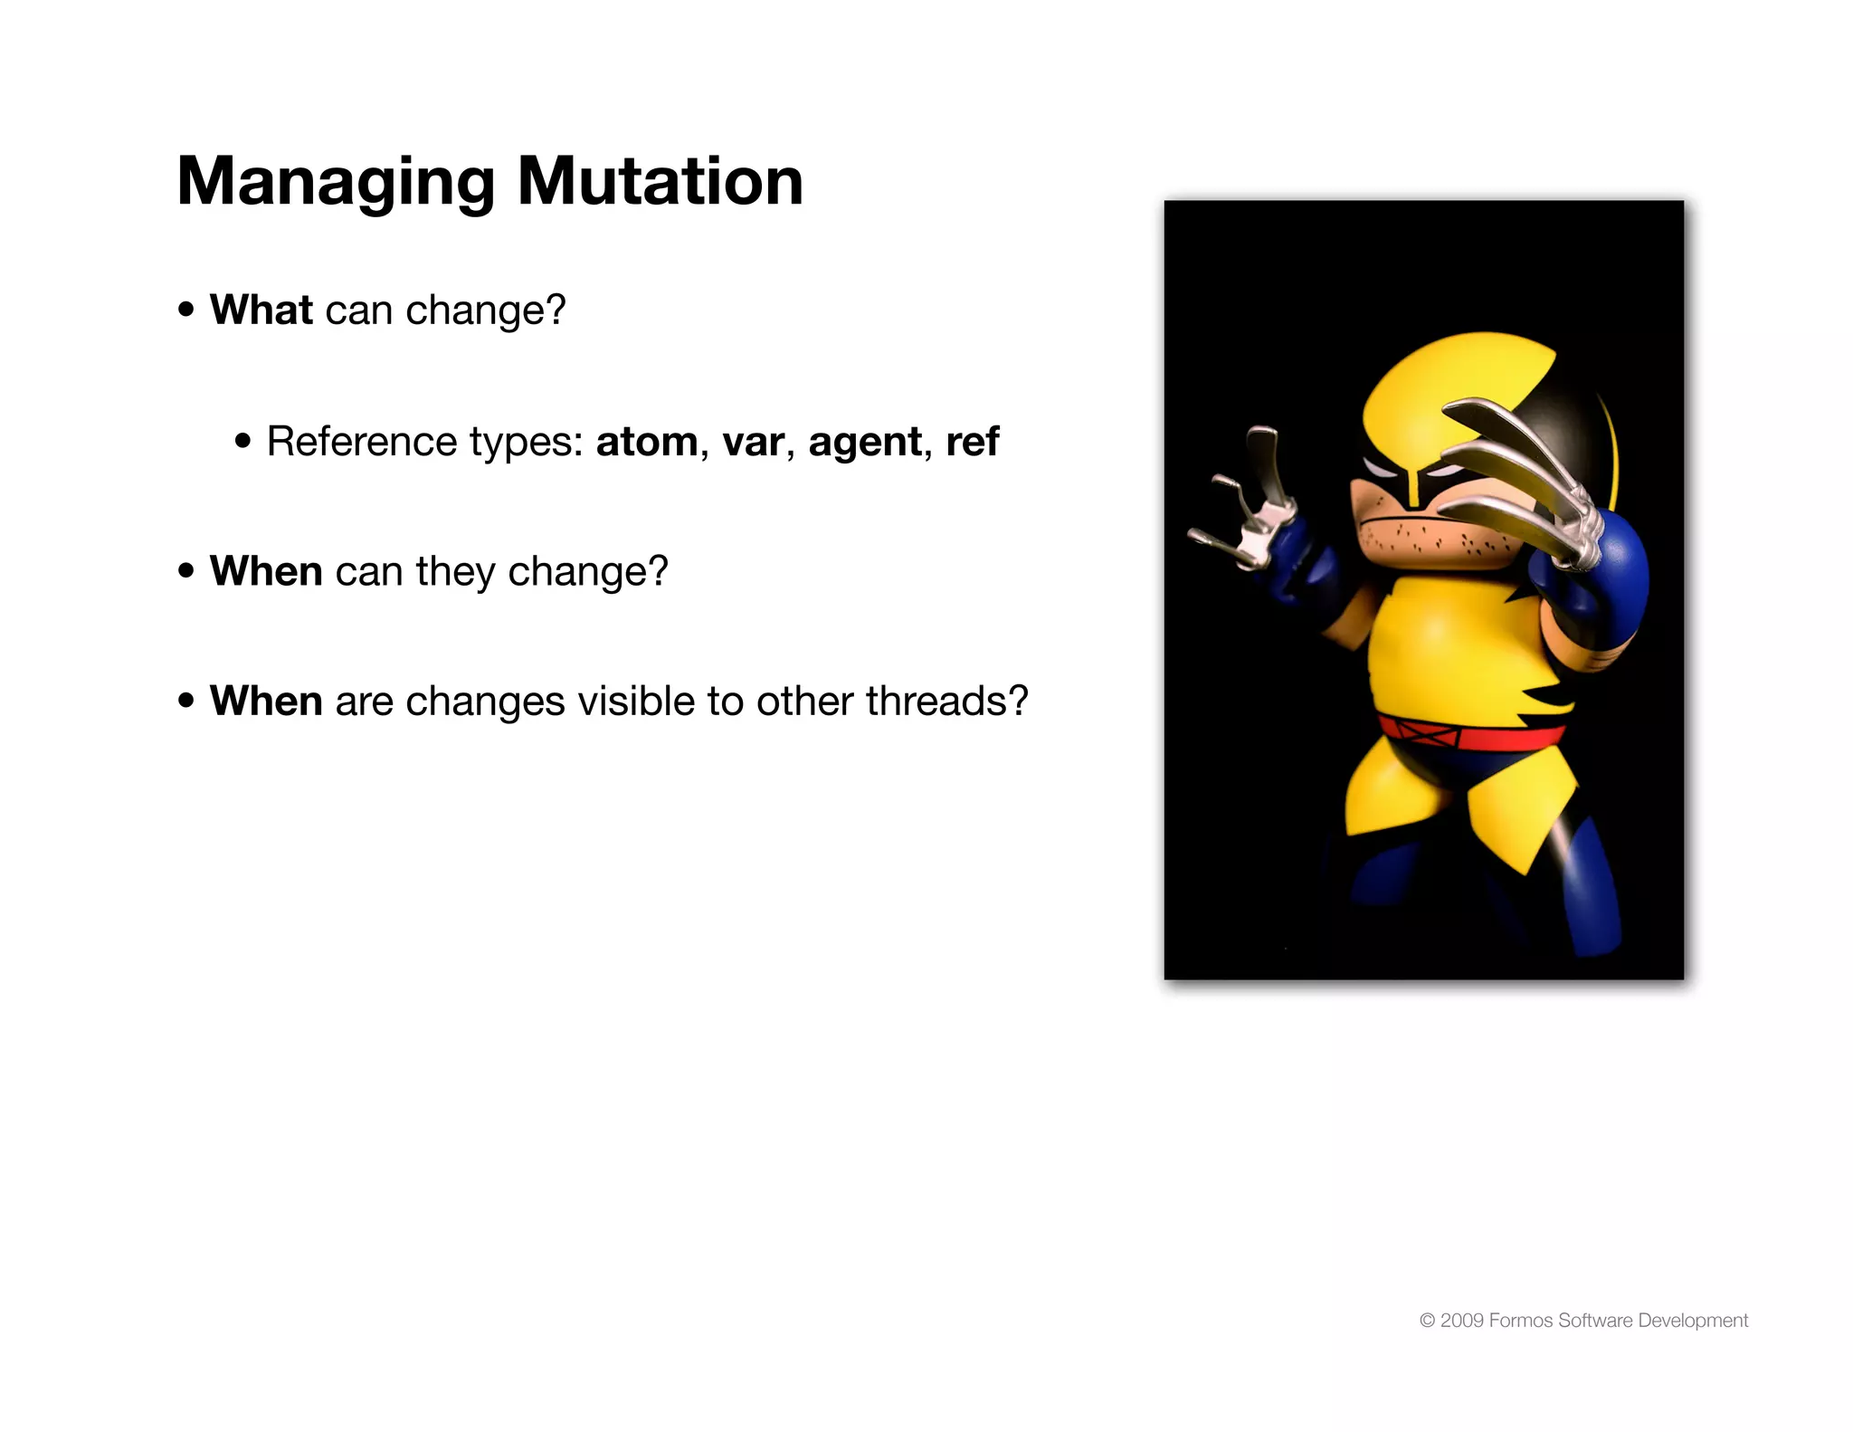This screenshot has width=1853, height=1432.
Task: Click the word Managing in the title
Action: [336, 183]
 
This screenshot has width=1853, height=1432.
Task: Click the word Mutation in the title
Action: [660, 181]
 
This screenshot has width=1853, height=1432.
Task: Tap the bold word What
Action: [261, 310]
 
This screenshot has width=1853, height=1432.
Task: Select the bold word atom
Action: [646, 442]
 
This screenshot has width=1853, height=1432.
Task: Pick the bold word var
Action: [753, 442]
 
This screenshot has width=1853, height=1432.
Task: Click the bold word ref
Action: [972, 442]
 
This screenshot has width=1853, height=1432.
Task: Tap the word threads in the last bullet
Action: [938, 701]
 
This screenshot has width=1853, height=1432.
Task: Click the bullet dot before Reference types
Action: [242, 442]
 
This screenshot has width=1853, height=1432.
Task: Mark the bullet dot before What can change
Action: [186, 310]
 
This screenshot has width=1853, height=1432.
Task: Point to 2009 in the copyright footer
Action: [1461, 1321]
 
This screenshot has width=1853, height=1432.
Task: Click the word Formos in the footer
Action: [1520, 1321]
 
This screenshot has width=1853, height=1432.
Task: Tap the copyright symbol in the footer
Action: [1427, 1321]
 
